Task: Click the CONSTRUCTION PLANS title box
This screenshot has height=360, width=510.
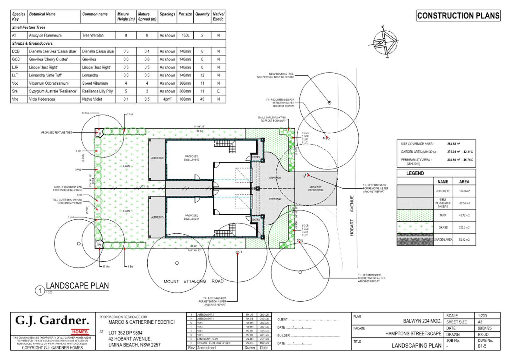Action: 458,16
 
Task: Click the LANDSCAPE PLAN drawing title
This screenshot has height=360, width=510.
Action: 77,286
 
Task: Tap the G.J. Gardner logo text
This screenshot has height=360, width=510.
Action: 52,320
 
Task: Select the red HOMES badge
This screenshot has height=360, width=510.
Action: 80,332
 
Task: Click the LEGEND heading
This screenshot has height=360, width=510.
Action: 415,173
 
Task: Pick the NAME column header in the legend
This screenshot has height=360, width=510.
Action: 443,182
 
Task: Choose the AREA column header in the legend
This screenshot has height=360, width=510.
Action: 464,182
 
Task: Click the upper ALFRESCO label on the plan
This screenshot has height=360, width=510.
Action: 157,158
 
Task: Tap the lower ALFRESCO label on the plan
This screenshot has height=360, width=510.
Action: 157,217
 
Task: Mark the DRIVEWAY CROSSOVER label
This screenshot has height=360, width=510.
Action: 315,188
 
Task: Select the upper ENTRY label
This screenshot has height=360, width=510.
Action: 256,157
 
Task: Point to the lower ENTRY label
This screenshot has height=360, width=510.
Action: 256,219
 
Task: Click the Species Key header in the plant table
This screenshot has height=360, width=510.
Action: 19,16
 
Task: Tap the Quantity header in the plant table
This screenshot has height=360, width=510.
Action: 202,14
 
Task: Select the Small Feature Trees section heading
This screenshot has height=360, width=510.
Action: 29,27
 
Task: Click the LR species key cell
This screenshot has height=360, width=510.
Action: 15,67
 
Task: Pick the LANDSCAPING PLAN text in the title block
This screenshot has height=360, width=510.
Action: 416,345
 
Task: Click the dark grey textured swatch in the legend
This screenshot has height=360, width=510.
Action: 415,239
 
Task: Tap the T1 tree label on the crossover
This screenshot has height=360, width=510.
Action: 304,177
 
